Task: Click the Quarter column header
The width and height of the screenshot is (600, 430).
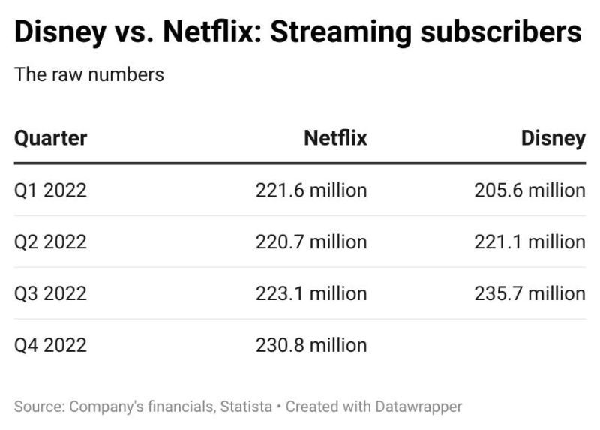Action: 51,138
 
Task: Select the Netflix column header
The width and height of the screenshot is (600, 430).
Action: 335,138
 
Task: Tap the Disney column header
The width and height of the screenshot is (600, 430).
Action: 553,138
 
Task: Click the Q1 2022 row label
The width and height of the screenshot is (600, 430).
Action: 51,191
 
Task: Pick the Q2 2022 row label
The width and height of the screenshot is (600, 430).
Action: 51,242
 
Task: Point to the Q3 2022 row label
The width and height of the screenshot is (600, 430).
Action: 51,293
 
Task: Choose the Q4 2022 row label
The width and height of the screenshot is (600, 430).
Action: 51,345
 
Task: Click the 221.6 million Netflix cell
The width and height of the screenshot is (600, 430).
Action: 311,191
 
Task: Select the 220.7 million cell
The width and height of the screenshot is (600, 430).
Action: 311,242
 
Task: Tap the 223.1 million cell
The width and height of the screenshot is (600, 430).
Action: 311,293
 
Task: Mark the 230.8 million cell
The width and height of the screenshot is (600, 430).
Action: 311,345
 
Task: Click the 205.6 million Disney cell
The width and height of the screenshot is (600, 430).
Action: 529,191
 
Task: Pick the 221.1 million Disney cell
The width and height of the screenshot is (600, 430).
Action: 529,242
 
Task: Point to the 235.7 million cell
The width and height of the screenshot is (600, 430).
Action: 529,293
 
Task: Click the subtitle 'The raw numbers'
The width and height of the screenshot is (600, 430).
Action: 89,74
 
